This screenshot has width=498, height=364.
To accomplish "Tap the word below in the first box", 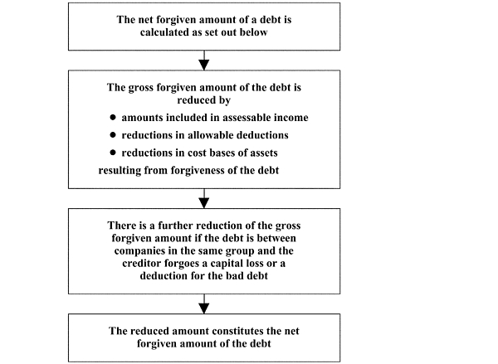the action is [254, 32].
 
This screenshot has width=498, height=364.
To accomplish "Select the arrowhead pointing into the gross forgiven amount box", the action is [204, 65].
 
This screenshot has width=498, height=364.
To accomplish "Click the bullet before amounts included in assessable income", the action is [113, 118].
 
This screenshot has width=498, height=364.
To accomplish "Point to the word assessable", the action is [247, 118].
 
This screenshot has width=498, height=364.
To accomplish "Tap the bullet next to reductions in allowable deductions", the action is [113, 135].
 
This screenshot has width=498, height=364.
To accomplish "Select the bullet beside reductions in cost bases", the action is [113, 153].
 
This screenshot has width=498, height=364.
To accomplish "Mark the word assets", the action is [264, 153].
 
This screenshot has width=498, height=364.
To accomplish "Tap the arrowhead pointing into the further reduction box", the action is [204, 203].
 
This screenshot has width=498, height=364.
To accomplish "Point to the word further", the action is [176, 226].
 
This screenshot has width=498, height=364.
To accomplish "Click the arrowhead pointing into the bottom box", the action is [204, 308].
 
